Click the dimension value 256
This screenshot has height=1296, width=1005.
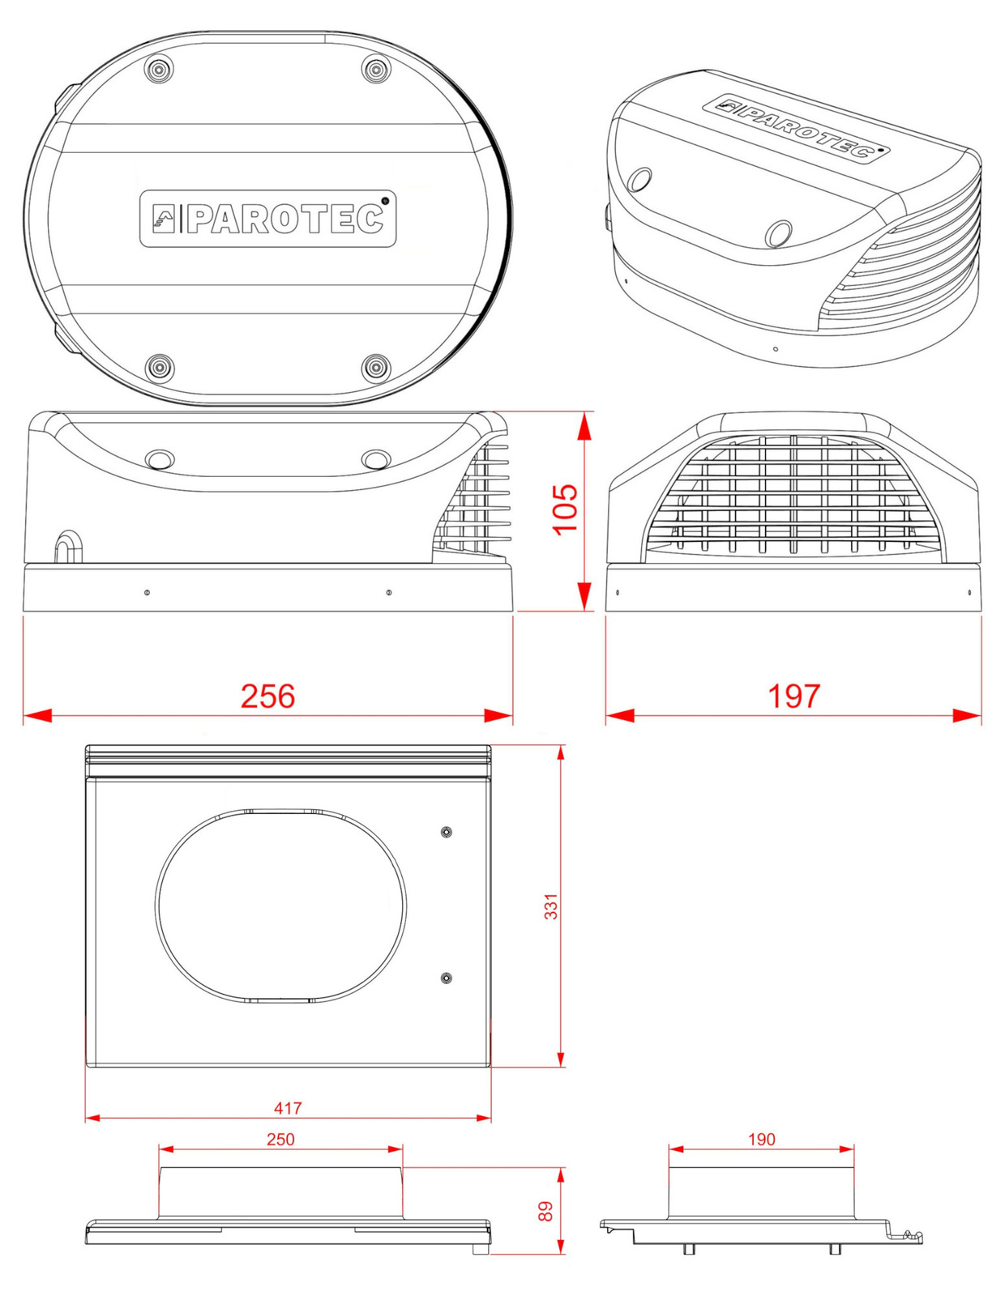[268, 696]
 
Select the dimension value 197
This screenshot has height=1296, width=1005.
[793, 696]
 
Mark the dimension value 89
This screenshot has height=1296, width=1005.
[545, 1211]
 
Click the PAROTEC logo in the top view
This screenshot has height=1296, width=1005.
[268, 218]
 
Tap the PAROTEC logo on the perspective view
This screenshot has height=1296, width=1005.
[797, 128]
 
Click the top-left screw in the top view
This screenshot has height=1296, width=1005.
[160, 70]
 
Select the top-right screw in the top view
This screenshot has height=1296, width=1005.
[376, 70]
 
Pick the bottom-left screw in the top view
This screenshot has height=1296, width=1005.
[160, 367]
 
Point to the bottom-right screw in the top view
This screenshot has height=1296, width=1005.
[377, 367]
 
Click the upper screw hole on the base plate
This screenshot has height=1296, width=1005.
[446, 832]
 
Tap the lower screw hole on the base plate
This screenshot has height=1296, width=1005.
[446, 978]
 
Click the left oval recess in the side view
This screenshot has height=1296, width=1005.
[160, 458]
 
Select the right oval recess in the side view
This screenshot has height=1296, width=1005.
[376, 458]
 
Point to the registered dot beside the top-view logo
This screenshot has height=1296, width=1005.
[385, 200]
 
